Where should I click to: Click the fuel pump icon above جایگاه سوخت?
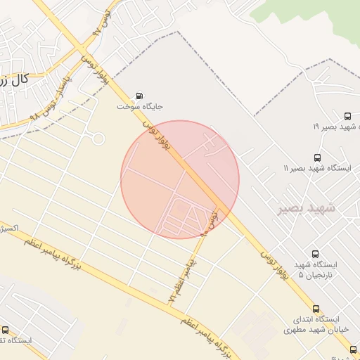click(x=139, y=96)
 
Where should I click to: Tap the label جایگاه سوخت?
click(x=140, y=108)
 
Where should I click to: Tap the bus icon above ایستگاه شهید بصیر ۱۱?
click(x=317, y=158)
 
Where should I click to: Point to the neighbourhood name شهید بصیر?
click(x=307, y=208)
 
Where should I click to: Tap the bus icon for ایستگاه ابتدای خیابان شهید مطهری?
click(x=315, y=309)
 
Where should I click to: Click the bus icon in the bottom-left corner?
click(x=6, y=330)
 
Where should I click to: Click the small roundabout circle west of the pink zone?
click(x=98, y=139)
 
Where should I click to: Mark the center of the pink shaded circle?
click(x=180, y=179)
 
